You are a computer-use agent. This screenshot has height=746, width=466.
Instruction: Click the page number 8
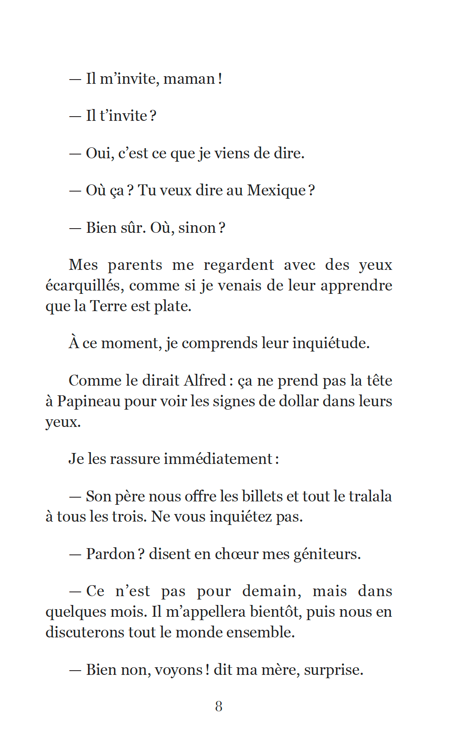(219, 706)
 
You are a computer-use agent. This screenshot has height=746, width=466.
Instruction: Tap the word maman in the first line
(189, 79)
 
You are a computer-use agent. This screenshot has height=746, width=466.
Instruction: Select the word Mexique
(276, 190)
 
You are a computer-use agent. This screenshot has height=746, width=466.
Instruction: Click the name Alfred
(205, 381)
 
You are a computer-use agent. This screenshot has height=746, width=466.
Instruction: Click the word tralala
(370, 496)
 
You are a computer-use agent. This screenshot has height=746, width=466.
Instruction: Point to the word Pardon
(110, 554)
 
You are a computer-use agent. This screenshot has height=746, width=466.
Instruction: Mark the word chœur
(236, 554)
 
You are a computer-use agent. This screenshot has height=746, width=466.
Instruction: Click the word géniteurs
(327, 554)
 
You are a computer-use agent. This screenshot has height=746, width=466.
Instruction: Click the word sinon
(197, 228)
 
